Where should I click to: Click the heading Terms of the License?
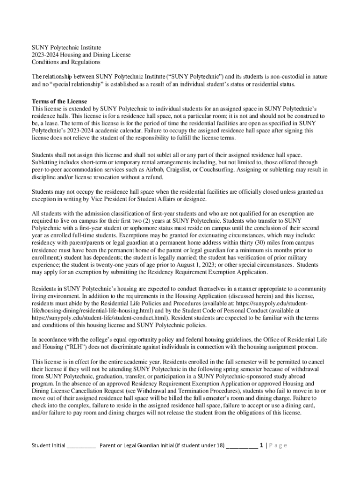pos(59,102)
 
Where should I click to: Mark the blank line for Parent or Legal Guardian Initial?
pos(241,445)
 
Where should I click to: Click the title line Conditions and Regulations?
pos(66,62)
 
